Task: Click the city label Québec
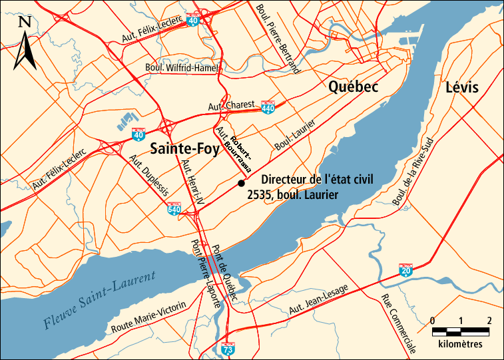pyautogui.click(x=353, y=87)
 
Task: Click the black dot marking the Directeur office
pyautogui.click(x=241, y=183)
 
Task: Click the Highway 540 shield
pyautogui.click(x=174, y=209)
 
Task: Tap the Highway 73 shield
pyautogui.click(x=228, y=347)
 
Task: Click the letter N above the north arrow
pyautogui.click(x=25, y=22)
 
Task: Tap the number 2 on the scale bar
pyautogui.click(x=489, y=321)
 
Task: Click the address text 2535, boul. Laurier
pyautogui.click(x=292, y=195)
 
